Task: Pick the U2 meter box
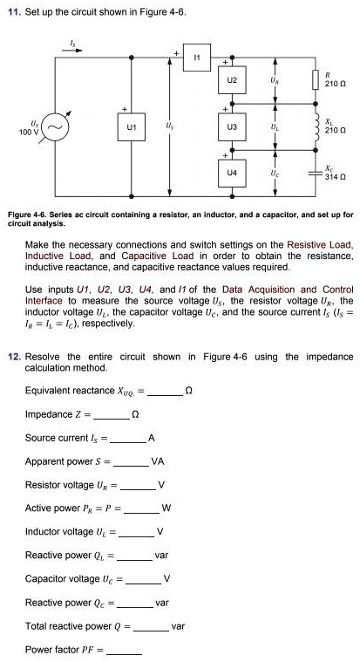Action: [231, 80]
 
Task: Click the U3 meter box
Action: [231, 127]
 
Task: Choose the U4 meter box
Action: [231, 174]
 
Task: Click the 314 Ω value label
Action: [336, 177]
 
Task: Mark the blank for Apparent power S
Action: [131, 462]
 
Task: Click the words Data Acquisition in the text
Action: [257, 289]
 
